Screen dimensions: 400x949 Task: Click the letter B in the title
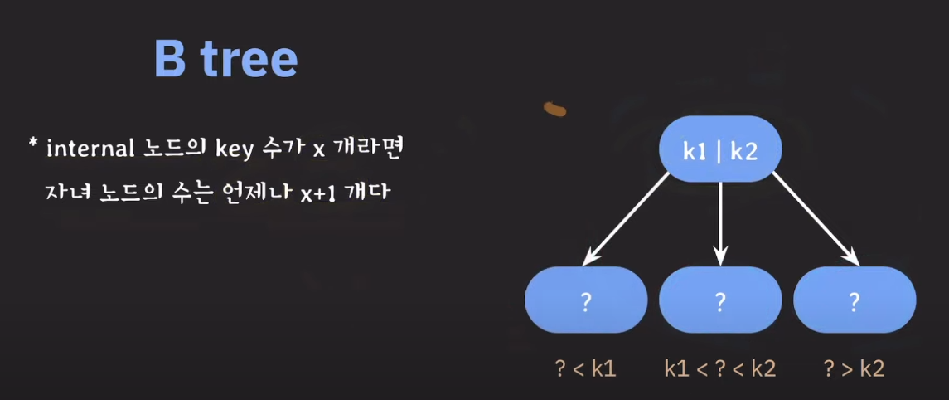click(170, 58)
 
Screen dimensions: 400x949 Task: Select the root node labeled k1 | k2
click(720, 149)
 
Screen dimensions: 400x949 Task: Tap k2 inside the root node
click(744, 150)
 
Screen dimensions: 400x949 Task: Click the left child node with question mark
click(586, 300)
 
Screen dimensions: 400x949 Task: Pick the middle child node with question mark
click(720, 300)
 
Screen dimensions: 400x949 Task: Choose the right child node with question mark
click(854, 300)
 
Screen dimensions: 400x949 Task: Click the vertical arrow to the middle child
click(720, 220)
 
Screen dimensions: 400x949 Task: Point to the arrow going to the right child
click(815, 217)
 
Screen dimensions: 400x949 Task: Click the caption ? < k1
click(585, 368)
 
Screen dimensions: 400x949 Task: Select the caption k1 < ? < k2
click(720, 368)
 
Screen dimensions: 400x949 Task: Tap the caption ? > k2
click(854, 368)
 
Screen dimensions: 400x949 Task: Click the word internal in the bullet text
click(84, 149)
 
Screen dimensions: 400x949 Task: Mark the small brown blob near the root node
click(554, 108)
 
